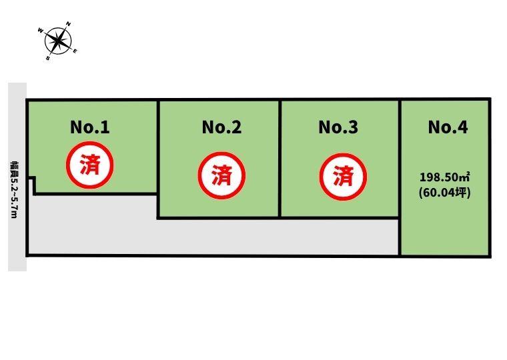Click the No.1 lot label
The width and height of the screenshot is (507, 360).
coord(90,127)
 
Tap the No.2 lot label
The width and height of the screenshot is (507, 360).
coord(221,127)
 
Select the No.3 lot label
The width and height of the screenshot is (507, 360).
coord(338,127)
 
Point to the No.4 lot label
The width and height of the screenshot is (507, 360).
coord(448,127)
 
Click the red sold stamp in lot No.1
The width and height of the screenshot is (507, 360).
coord(90,165)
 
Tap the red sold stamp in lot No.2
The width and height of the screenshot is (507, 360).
coord(221,175)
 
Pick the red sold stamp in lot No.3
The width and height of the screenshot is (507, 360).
coord(343,177)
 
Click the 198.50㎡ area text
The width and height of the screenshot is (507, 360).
coord(444,177)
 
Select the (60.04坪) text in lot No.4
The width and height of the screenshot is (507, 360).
coord(444,193)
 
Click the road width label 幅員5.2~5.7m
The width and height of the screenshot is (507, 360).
coord(14,190)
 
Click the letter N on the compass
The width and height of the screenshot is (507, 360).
coord(69,24)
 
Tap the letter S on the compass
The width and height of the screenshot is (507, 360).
coord(48,59)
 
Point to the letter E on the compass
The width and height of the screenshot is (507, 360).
coord(75,51)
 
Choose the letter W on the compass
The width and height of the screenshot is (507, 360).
coord(41,31)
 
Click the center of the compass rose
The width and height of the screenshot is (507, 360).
coord(58,41)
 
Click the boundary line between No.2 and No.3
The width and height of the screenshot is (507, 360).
coord(280,159)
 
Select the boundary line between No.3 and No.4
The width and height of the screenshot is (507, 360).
coord(400,178)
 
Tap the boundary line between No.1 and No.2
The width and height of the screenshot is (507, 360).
coord(158,159)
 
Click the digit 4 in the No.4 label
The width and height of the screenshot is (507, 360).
coord(463,127)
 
